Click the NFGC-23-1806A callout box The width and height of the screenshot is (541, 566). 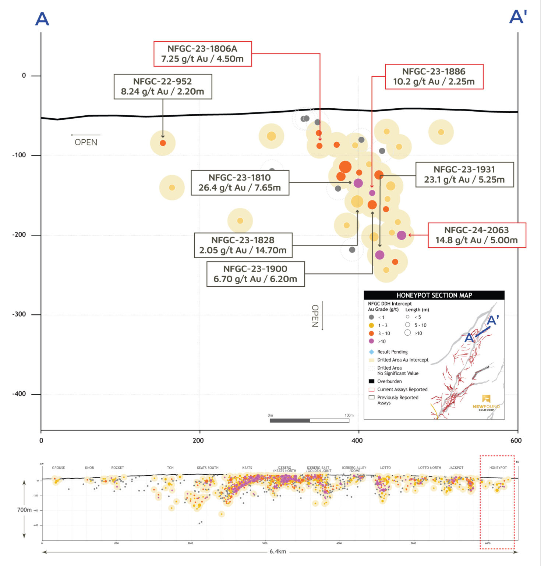pos(202,54)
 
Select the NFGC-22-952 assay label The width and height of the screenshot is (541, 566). pos(163,87)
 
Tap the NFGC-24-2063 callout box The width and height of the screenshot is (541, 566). pos(477,235)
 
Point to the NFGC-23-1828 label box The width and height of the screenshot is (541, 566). pos(243,245)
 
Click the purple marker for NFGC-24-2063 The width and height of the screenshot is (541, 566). pos(402,235)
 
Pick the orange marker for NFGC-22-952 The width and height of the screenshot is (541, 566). pos(163,143)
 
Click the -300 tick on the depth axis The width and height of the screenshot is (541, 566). pos(19,314)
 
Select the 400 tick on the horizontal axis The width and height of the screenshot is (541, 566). pos(357,440)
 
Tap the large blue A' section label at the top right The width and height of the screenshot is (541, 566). pos(518,17)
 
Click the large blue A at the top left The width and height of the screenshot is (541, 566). pos(42,19)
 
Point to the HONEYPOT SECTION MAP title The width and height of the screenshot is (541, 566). pos(434,295)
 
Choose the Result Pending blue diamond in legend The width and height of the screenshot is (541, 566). pos(371,352)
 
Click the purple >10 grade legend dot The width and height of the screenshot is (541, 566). pos(371,341)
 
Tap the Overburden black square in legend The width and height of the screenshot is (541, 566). pos(371,381)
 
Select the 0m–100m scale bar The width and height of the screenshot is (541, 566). pos(309,420)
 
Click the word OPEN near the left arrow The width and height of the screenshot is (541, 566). pos(86,142)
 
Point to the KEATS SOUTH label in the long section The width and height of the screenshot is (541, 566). pos(208,468)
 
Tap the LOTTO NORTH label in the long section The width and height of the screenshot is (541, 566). pos(429,468)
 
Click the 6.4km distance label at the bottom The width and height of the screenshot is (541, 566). pos(277,552)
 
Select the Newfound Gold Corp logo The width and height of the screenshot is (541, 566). pos(486,403)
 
